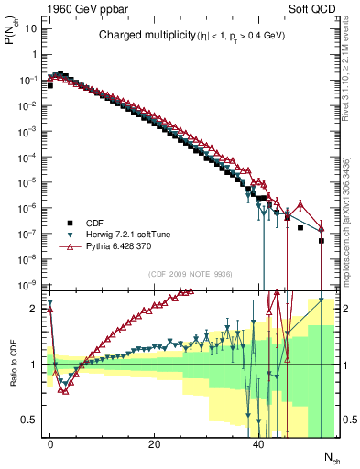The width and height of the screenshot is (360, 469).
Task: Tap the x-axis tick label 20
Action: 155,443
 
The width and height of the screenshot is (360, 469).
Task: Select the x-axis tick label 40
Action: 258,443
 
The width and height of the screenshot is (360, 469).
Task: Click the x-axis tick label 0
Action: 50,443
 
